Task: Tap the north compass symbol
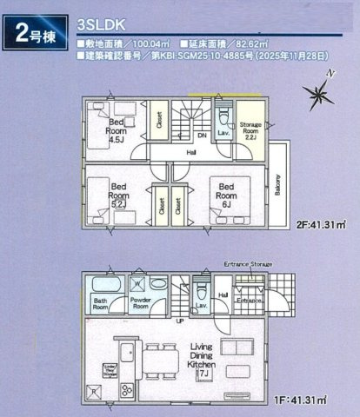(315, 92)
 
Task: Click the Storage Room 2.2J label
(251, 131)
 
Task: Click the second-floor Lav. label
(222, 132)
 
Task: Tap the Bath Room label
(101, 306)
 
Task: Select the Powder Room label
(141, 306)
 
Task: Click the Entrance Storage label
(249, 263)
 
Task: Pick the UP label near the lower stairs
(179, 321)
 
